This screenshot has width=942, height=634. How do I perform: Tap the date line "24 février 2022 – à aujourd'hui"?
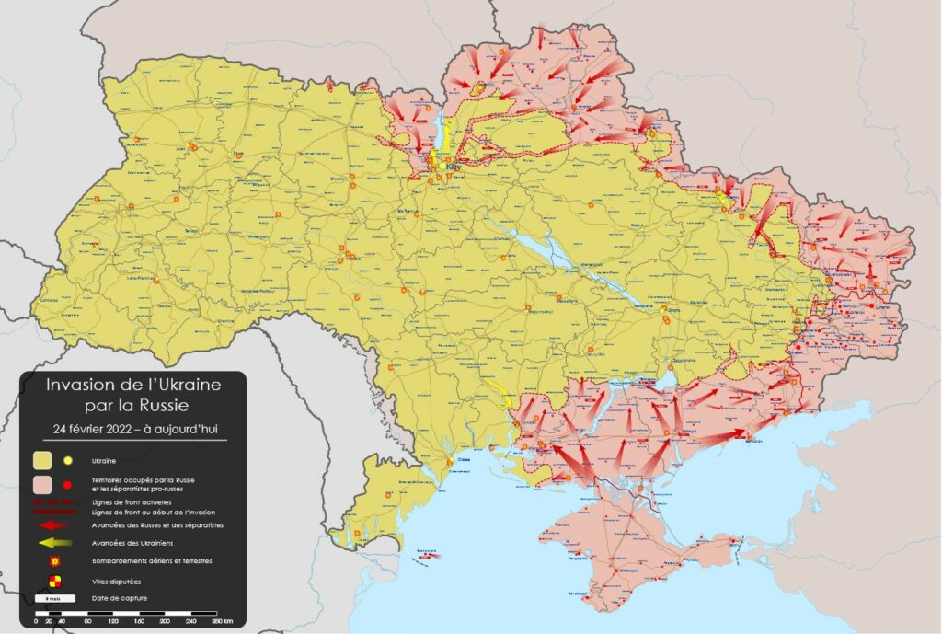point(133,428)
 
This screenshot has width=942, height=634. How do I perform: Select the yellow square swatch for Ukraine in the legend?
point(42,459)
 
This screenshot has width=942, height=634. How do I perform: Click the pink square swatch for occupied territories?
point(42,484)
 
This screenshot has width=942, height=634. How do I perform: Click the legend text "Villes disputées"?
point(113,582)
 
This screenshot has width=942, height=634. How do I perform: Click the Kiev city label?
point(452,167)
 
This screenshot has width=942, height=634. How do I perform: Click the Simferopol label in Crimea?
point(615,571)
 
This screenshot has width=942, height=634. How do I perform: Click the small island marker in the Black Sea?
point(425,556)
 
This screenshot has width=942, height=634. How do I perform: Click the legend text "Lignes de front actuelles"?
point(129,503)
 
